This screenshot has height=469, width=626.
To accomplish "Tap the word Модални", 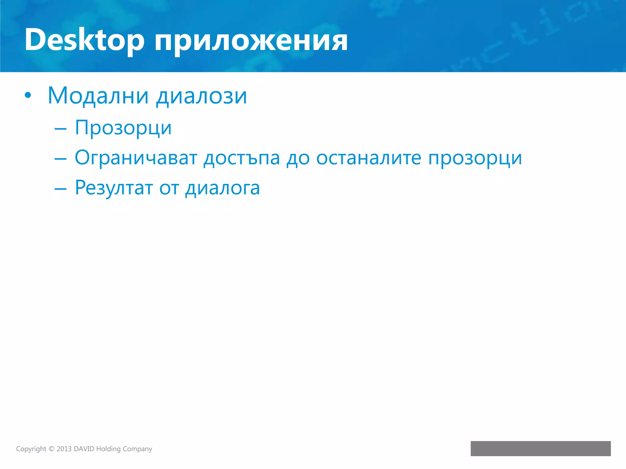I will (x=98, y=96).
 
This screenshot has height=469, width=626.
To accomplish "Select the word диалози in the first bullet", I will (x=201, y=96).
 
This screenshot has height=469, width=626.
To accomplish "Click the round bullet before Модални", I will (x=28, y=96).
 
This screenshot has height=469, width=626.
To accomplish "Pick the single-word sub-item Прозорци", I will (x=123, y=128).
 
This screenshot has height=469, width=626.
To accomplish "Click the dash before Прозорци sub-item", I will (x=60, y=129).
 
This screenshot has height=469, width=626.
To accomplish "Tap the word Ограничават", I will (x=136, y=158).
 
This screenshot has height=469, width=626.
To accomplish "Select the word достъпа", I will (x=241, y=158).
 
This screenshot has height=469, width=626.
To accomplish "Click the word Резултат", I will (x=114, y=188).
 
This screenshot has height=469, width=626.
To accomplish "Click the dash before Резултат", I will (x=60, y=189).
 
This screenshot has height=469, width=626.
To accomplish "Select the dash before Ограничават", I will (x=60, y=159).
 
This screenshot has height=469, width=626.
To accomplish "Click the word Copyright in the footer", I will (x=31, y=449).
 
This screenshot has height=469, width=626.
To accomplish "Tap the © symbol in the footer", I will (x=51, y=449).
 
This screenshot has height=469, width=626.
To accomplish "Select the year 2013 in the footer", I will (x=64, y=449).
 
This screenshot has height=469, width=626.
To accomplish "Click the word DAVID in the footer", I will (x=84, y=449).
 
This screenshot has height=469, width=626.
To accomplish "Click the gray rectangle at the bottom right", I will (x=540, y=449).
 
